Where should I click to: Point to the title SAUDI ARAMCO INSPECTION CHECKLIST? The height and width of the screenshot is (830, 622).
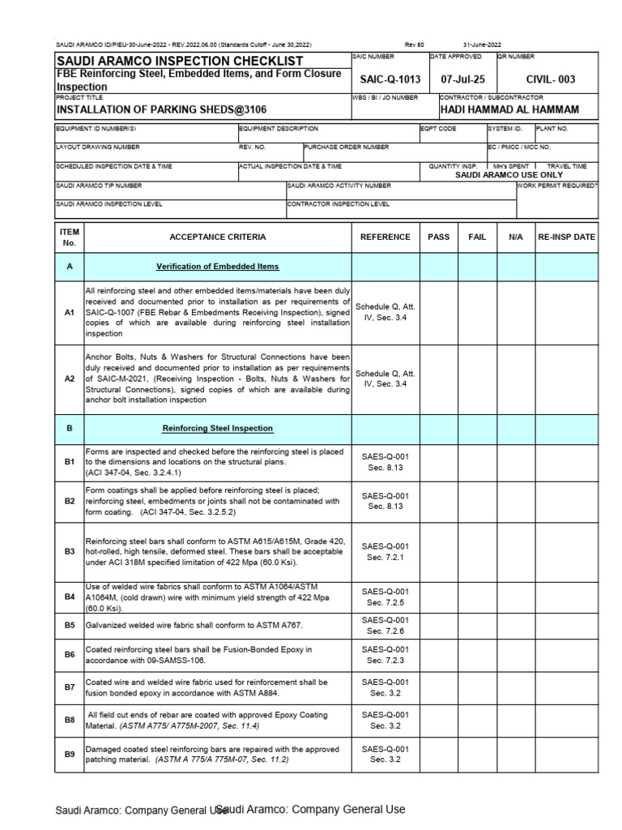tap(179, 62)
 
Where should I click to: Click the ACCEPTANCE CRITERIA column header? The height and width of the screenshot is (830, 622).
tap(217, 237)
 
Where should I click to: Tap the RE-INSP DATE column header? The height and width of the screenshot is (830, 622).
tap(566, 237)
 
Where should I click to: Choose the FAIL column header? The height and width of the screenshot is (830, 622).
tap(477, 237)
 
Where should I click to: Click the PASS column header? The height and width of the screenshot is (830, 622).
tap(439, 237)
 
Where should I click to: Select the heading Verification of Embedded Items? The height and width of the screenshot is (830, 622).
tap(217, 267)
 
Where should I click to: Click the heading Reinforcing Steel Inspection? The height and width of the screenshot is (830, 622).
tap(217, 428)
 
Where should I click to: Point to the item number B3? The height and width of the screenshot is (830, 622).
tap(70, 552)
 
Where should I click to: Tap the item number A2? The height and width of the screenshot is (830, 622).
tap(70, 379)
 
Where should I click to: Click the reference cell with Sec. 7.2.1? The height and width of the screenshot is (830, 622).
tap(386, 552)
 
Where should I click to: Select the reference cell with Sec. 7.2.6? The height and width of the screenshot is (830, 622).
tap(386, 625)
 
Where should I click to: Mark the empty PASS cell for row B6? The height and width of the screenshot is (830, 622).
tap(439, 654)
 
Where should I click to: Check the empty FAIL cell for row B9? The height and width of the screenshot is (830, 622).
tap(477, 754)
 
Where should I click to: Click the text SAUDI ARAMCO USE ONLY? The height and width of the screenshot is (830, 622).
tap(509, 174)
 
